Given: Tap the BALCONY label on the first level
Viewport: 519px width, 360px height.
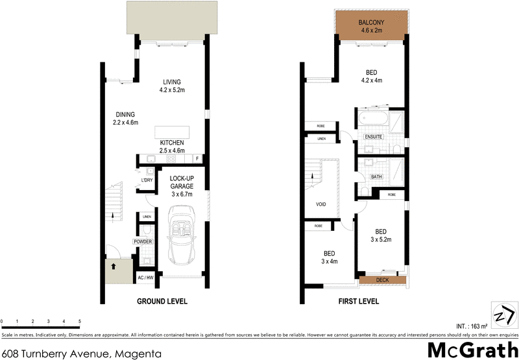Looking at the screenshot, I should click(372, 23).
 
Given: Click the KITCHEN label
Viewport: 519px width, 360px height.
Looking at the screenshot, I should click(172, 143).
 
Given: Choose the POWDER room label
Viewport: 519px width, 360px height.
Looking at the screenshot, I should click(143, 242).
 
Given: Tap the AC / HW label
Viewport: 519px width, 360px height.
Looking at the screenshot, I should click(145, 278).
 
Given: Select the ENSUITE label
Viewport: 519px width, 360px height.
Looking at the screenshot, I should click(373, 137).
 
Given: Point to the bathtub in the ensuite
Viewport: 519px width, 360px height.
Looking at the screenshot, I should click(372, 120).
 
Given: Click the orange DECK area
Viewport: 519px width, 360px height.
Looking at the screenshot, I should click(382, 280).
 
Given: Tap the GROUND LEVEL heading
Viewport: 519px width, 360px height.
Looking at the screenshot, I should click(162, 302).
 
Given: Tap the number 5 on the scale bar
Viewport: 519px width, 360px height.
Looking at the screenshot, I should click(79, 321).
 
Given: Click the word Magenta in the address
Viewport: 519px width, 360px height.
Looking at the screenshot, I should click(138, 354).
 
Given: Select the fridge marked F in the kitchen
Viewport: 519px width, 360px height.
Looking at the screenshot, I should click(197, 159).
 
